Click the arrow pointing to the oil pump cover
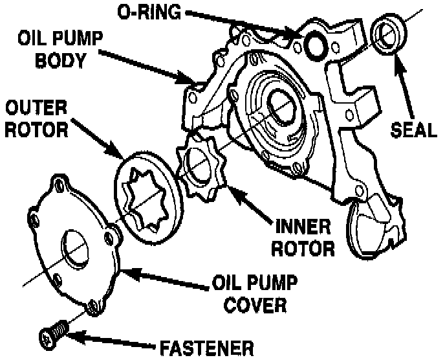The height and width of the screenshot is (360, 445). (168, 280)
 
